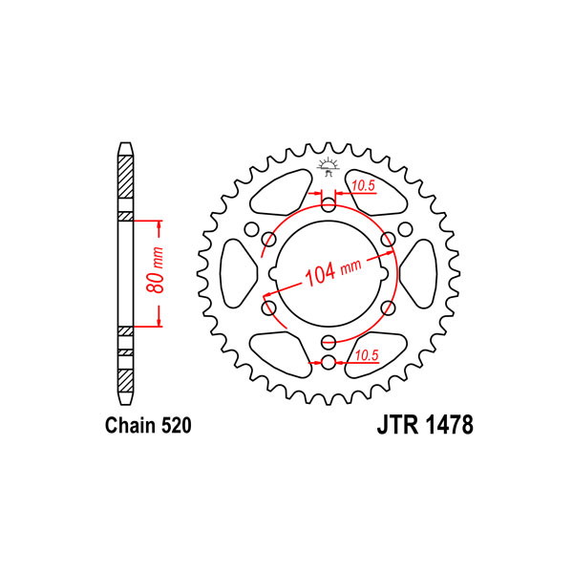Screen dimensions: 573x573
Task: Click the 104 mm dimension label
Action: click(333, 271)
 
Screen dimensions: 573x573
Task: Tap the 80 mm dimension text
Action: click(155, 270)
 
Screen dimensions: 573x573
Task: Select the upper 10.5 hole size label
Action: click(364, 186)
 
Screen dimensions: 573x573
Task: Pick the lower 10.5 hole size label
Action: click(367, 355)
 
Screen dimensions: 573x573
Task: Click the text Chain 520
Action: click(148, 425)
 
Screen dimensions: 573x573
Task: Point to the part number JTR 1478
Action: click(425, 425)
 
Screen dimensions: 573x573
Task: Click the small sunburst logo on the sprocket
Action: click(329, 166)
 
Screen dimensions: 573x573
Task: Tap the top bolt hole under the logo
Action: click(329, 205)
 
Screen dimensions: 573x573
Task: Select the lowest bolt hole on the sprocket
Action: click(329, 363)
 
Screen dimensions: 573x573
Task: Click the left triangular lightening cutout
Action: click(238, 273)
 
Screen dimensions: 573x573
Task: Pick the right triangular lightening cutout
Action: click(419, 273)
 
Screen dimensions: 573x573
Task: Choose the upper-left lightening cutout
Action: click(281, 193)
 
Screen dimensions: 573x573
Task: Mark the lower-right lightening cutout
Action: click(375, 354)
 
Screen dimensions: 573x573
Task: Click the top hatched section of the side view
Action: click(126, 177)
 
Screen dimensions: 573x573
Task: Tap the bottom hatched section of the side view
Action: click(126, 381)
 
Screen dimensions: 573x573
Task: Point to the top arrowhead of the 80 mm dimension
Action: click(159, 225)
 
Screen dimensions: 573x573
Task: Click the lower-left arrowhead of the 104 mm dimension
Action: click(269, 293)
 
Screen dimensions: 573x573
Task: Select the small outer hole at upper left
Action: click(251, 229)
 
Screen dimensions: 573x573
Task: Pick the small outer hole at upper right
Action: click(405, 229)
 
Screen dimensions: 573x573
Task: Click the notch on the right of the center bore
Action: click(385, 273)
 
